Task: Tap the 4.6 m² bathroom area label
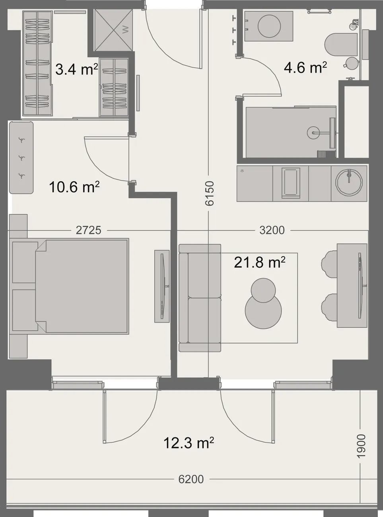pyautogui.click(x=305, y=67)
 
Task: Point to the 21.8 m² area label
pyautogui.click(x=260, y=262)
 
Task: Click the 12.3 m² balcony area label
pyautogui.click(x=189, y=443)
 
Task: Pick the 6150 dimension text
pyautogui.click(x=210, y=193)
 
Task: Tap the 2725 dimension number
pyautogui.click(x=89, y=230)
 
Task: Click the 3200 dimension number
pyautogui.click(x=272, y=230)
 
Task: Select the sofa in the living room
pyautogui.click(x=200, y=298)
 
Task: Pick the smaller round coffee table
pyautogui.click(x=263, y=290)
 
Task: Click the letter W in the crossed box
pyautogui.click(x=125, y=30)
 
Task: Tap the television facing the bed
pyautogui.click(x=162, y=286)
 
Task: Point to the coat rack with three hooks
pyautogui.click(x=21, y=157)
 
